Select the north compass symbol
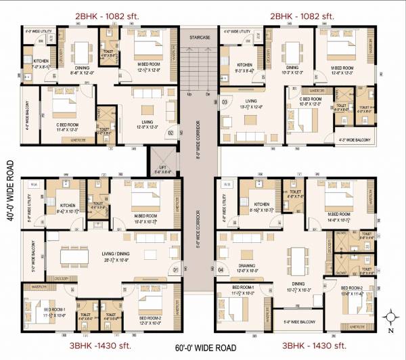(391, 315)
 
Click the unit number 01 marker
(175, 271)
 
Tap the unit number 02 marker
(171, 133)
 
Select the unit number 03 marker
(225, 102)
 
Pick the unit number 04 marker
(221, 271)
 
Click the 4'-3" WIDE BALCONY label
(355, 139)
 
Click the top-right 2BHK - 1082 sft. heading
(302, 16)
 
